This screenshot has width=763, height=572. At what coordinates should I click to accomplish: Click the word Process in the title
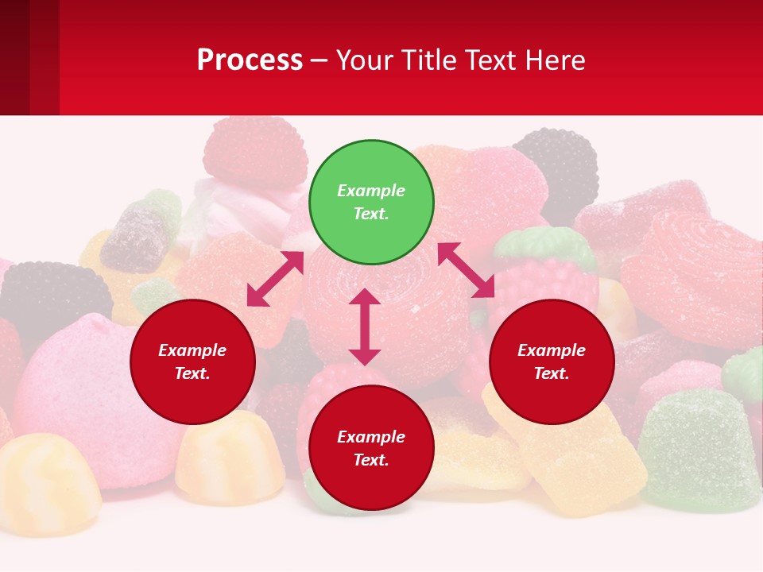point(250,60)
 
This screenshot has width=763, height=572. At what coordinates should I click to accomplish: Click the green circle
point(371,202)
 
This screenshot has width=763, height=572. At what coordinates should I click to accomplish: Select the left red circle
point(192,361)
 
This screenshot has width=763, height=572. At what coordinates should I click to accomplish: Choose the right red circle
point(552,361)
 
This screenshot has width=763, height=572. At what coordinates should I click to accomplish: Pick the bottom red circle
point(371,448)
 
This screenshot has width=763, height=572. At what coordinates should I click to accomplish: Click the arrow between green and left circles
point(275,279)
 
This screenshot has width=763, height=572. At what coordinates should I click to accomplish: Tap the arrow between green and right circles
point(466,271)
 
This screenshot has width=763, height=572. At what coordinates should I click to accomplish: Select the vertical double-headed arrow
point(365,327)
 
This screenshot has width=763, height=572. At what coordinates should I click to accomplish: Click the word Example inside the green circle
point(371,191)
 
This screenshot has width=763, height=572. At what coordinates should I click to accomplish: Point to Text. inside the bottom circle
point(371,460)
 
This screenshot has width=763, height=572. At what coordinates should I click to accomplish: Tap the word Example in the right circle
point(552,350)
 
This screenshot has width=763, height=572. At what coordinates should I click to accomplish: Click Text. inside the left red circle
point(192,373)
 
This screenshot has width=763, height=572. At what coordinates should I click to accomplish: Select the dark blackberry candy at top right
point(560,167)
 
